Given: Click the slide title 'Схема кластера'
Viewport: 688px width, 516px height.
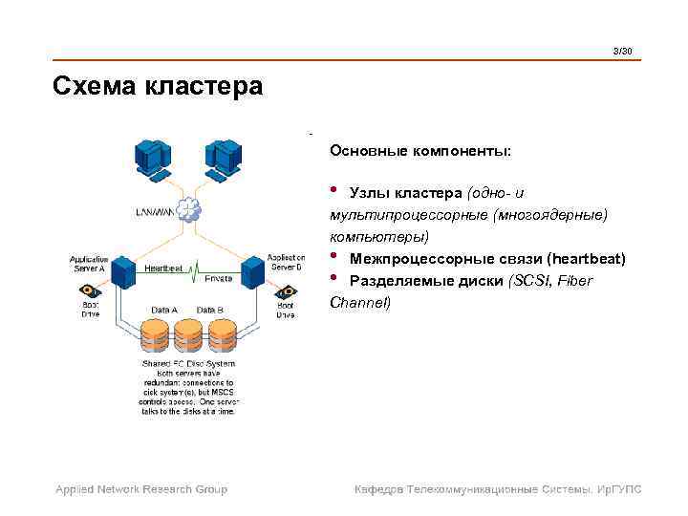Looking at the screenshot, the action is pyautogui.click(x=158, y=87).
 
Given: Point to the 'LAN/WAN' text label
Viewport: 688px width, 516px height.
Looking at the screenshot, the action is pyautogui.click(x=152, y=211).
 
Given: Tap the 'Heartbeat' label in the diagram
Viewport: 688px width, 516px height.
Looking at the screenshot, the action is pyautogui.click(x=163, y=269).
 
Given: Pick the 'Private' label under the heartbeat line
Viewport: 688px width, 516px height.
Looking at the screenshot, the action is pyautogui.click(x=218, y=277).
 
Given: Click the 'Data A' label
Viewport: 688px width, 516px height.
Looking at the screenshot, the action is pyautogui.click(x=164, y=310).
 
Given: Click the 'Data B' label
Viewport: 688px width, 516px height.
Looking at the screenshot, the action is pyautogui.click(x=210, y=310).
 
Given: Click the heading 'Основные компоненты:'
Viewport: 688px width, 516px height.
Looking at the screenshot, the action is pyautogui.click(x=420, y=151).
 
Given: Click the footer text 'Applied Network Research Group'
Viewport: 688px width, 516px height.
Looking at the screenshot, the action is pyautogui.click(x=141, y=489).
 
